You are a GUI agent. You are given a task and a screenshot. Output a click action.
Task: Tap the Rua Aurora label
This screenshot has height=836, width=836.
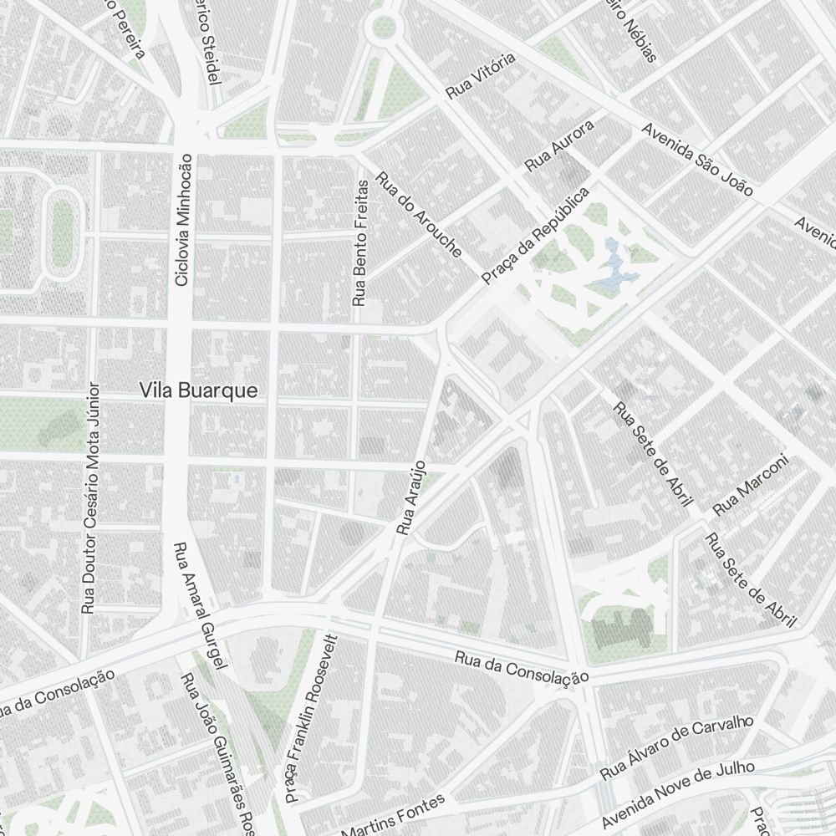(559, 146)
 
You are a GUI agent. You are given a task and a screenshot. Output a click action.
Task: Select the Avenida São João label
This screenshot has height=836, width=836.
(698, 161)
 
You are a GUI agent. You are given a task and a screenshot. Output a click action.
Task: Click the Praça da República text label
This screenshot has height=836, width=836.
(536, 235)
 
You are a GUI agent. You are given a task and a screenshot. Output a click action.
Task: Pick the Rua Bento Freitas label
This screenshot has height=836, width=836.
(360, 242)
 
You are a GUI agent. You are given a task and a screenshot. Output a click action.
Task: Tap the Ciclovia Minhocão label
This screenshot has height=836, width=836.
(183, 219)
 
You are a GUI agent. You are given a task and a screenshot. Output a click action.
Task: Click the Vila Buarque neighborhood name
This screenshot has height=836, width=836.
(199, 390)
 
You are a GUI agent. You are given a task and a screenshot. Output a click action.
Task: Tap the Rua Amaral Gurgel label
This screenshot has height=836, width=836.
(201, 606)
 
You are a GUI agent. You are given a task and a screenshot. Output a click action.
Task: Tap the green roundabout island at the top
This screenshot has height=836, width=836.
(383, 27)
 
